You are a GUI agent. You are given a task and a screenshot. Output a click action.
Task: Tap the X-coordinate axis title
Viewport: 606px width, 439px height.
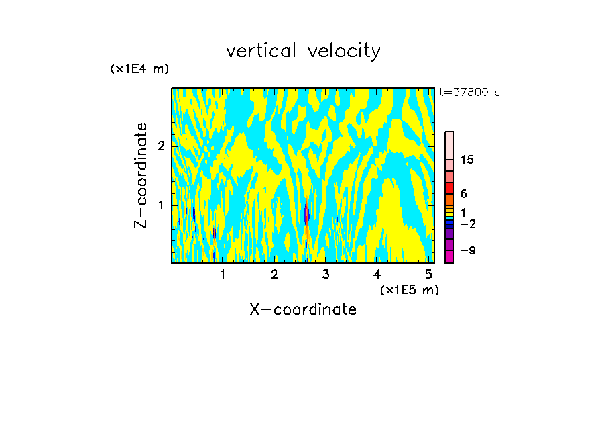pos(303,309)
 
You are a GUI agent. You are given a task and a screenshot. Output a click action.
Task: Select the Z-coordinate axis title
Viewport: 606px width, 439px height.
pos(141,175)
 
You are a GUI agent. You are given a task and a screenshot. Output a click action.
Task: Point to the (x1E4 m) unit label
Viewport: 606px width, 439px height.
pos(139,69)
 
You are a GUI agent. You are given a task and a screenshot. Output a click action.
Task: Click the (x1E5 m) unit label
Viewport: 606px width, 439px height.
pos(409,289)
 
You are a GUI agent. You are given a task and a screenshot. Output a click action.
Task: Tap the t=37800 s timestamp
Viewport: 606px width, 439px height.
pos(469,93)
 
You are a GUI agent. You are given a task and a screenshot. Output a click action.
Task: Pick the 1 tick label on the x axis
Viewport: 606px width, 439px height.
pos(223,275)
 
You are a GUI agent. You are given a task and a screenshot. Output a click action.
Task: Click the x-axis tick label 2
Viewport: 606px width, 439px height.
pos(274,275)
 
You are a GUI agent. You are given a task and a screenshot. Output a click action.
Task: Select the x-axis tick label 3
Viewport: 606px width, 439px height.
pos(326,275)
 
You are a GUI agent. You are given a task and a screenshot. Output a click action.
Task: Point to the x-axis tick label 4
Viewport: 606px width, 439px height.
pos(377,275)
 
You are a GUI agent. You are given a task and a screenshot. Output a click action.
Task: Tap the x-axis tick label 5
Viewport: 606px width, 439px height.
pos(428,275)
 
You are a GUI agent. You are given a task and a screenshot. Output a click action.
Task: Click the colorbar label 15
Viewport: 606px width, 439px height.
pos(467,160)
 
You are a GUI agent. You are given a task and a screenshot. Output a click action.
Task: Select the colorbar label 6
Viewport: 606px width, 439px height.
pos(463,193)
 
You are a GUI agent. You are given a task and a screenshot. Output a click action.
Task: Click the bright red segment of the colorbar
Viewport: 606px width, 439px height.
pos(449,188)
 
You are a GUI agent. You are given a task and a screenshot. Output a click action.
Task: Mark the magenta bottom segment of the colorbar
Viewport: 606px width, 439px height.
pos(449,256)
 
